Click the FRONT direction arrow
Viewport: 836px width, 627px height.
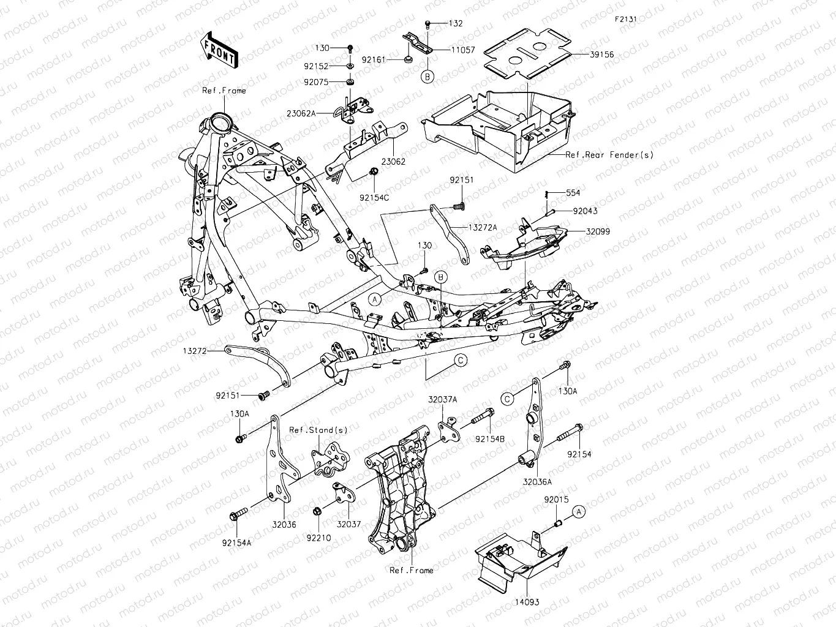pyautogui.click(x=219, y=49)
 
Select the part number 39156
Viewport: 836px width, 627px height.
pyautogui.click(x=601, y=54)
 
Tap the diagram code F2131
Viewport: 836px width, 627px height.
pyautogui.click(x=626, y=19)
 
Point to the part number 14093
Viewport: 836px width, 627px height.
pyautogui.click(x=527, y=602)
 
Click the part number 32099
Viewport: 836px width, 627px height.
pyautogui.click(x=597, y=232)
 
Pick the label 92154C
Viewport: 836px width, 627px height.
pyautogui.click(x=374, y=197)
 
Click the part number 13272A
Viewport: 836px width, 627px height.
pyautogui.click(x=483, y=227)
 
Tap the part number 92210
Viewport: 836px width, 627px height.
pyautogui.click(x=319, y=538)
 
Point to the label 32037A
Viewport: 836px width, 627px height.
pyautogui.click(x=442, y=399)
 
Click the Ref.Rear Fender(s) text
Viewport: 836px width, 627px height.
pyautogui.click(x=609, y=155)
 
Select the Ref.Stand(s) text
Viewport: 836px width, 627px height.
pyautogui.click(x=318, y=430)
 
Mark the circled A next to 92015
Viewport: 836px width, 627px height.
pyautogui.click(x=579, y=511)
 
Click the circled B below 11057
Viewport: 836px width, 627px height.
pyautogui.click(x=427, y=77)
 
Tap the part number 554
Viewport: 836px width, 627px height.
pyautogui.click(x=573, y=193)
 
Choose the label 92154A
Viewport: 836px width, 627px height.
pyautogui.click(x=236, y=542)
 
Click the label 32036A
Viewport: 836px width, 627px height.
pyautogui.click(x=537, y=482)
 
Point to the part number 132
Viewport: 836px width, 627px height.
pyautogui.click(x=456, y=23)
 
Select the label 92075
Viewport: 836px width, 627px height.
pyautogui.click(x=331, y=81)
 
